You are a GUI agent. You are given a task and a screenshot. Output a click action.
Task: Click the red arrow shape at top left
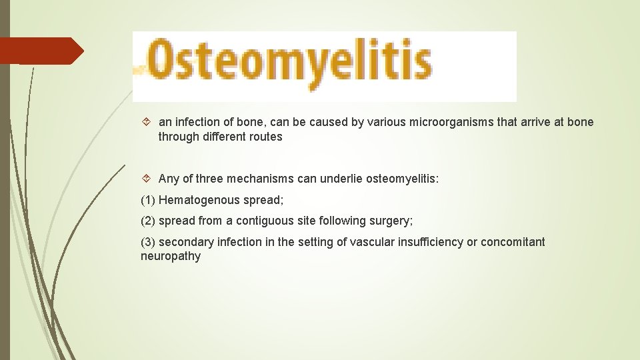point(40,50)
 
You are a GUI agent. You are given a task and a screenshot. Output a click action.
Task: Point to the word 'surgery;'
point(392,220)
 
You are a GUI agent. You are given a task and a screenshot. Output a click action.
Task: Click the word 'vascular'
point(358,241)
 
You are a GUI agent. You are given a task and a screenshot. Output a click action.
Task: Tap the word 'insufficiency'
point(422,241)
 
